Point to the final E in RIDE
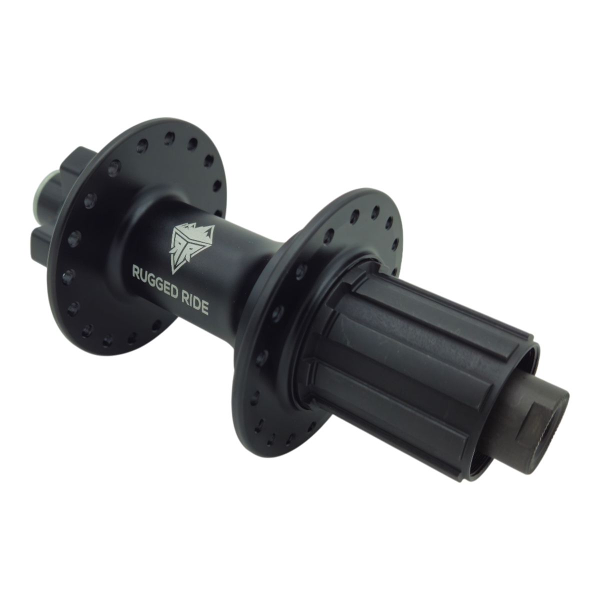[204, 309]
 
